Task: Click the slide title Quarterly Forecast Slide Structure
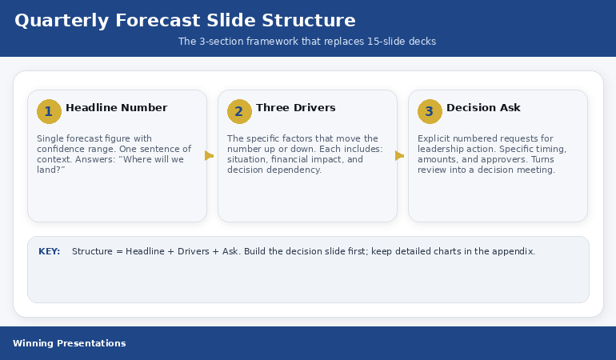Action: coord(185,21)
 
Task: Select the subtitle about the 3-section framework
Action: coord(307,42)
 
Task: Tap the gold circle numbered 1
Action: coord(49,111)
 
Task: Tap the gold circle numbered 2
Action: coord(239,111)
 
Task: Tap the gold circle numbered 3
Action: coord(430,111)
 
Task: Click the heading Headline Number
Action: coord(116,108)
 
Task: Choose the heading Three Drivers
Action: coord(295,108)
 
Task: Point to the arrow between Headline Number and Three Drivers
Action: coord(210,156)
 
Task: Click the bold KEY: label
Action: coord(49,251)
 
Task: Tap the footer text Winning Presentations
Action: coord(69,343)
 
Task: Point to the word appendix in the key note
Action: coord(514,251)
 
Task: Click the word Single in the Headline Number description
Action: coord(50,138)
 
